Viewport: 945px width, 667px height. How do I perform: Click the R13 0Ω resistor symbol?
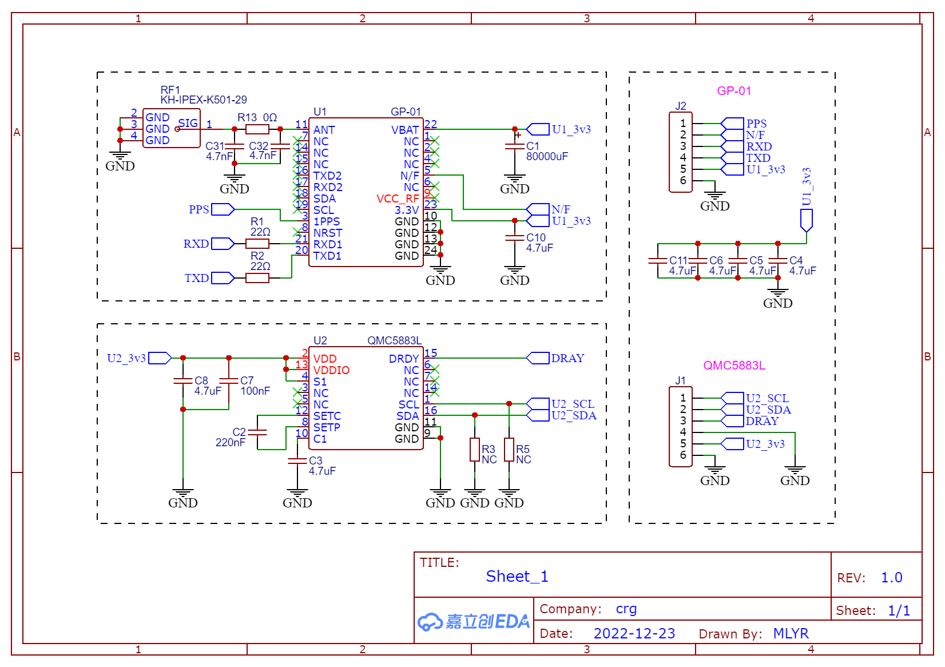[x=257, y=129]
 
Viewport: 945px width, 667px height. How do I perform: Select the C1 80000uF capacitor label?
[x=547, y=151]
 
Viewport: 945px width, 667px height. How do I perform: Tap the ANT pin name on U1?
[x=324, y=130]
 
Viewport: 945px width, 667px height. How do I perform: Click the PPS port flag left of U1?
[x=223, y=209]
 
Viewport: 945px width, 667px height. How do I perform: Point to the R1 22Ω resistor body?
[x=257, y=244]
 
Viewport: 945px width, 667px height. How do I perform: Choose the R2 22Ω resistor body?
[x=257, y=277]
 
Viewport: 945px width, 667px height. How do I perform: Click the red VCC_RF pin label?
[x=398, y=198]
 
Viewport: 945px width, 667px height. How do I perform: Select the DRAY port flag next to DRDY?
[x=538, y=358]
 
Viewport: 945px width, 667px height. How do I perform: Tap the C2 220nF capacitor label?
[x=231, y=437]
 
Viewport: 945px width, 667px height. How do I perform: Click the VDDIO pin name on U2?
[x=331, y=370]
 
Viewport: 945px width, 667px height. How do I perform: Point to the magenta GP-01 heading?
[x=734, y=91]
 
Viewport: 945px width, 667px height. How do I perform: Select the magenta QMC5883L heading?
[x=734, y=366]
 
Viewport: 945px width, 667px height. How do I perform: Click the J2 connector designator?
[x=681, y=106]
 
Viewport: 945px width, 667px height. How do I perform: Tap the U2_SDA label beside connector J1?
[x=768, y=410]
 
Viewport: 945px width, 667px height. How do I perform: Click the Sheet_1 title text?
[x=517, y=576]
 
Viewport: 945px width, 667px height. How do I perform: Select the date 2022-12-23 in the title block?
[x=634, y=633]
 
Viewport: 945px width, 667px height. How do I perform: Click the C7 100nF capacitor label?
[x=255, y=386]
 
